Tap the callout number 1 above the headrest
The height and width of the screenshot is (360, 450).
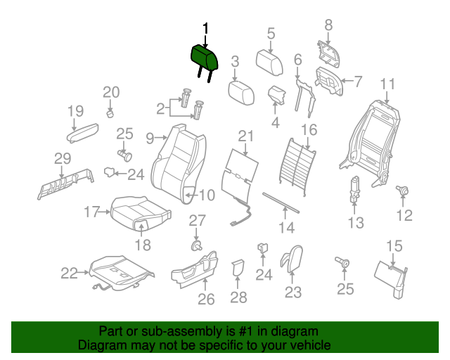point(205,28)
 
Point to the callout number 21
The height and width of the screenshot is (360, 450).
point(245,136)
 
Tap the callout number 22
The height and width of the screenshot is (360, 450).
point(69,274)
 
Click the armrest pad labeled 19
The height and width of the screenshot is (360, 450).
point(85,131)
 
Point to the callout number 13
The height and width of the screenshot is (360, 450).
point(356,223)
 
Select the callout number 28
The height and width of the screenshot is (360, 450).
point(239,297)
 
